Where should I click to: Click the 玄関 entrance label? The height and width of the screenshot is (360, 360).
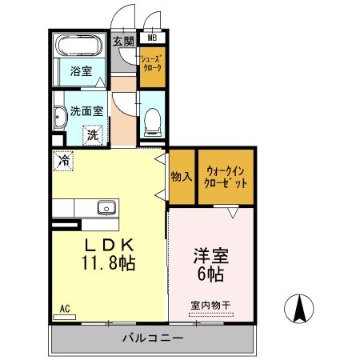point(123,42)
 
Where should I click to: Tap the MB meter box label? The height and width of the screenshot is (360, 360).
point(152,37)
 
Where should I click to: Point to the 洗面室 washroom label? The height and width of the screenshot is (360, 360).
point(85,113)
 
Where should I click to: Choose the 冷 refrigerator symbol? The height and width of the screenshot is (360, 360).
point(63,160)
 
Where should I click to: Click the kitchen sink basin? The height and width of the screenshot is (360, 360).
point(106,209)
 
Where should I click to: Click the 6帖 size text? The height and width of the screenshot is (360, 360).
point(211,274)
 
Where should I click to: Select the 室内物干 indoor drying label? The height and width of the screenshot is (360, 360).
point(210,305)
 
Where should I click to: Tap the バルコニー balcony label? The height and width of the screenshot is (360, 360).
point(153,338)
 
